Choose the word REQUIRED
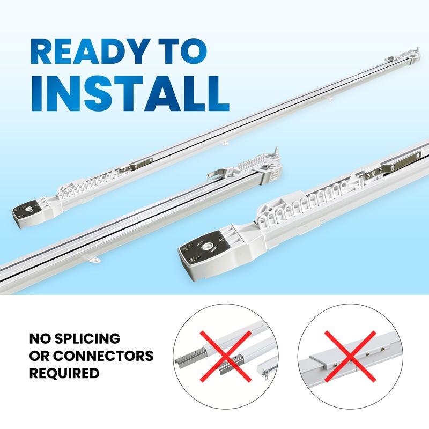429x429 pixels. [64, 373]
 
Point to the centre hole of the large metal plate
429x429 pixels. [206, 247]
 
